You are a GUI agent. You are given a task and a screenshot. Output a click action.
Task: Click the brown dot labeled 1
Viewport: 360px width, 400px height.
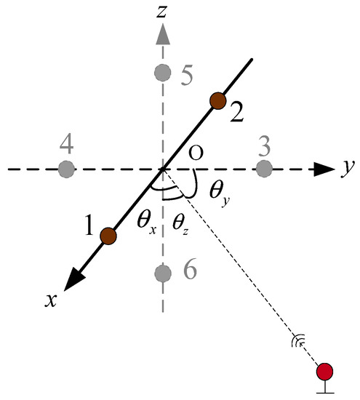[x=108, y=235]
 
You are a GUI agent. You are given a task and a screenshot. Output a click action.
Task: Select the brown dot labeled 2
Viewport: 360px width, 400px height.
[x=216, y=101]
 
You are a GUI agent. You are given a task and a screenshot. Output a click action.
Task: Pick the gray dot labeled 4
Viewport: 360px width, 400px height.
[x=66, y=169]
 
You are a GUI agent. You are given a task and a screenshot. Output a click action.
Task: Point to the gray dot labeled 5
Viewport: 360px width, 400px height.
[x=163, y=72]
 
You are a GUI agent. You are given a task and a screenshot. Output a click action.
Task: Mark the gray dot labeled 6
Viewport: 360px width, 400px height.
[x=163, y=273]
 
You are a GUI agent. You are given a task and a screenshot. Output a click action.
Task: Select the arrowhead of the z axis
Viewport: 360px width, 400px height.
[x=163, y=32]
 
